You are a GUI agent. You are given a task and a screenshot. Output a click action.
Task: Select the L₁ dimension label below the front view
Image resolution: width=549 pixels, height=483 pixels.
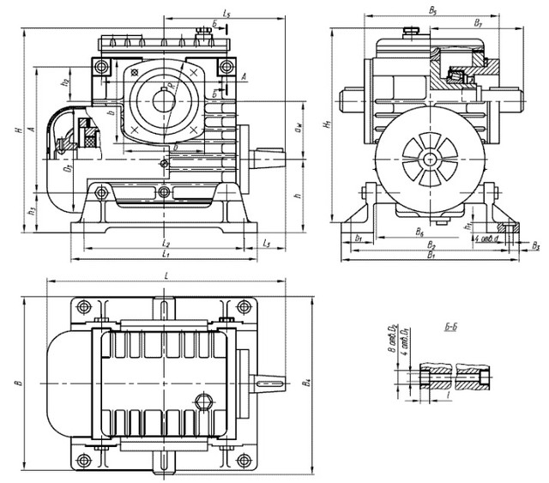[165, 256]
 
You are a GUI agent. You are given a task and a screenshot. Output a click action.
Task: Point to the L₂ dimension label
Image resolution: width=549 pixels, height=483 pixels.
[165, 245]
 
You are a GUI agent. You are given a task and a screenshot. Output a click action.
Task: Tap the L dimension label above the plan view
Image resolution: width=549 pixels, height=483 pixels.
[165, 275]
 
